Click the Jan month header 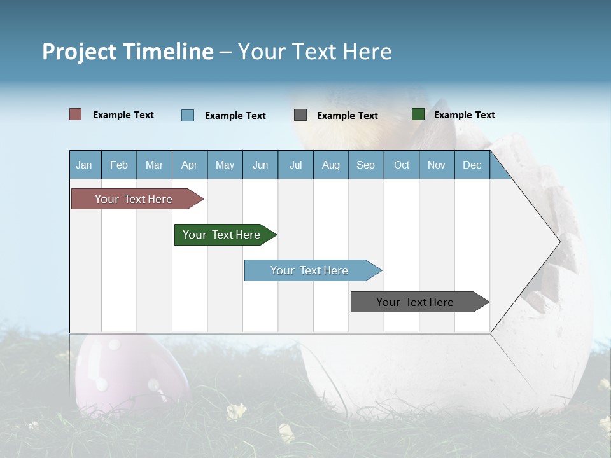(84, 165)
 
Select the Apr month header (189, 165)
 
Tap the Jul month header (295, 165)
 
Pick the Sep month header (365, 165)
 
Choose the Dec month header (472, 165)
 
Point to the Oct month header (401, 165)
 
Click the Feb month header (119, 165)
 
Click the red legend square (76, 114)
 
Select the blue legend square (187, 115)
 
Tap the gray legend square (300, 115)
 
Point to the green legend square (418, 114)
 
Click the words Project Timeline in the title (127, 51)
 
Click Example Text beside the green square (464, 115)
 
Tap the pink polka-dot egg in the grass (121, 375)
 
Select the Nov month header (437, 165)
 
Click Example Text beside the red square (123, 115)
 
